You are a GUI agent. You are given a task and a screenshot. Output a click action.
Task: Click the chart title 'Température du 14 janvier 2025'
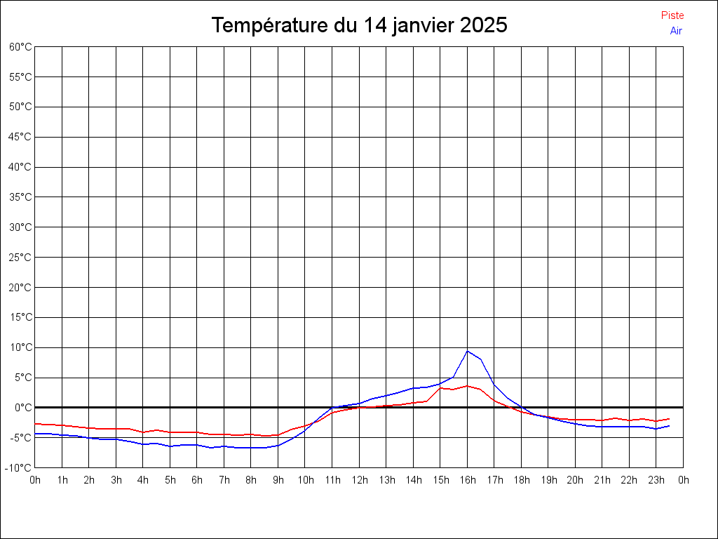pos(359,25)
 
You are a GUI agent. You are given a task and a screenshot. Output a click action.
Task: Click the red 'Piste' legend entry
pos(672,15)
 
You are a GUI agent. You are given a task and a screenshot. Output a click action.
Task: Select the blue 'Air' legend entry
pos(676,31)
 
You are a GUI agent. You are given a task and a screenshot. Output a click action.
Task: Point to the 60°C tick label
pos(20,47)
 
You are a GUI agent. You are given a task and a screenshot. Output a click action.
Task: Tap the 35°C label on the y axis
pos(20,197)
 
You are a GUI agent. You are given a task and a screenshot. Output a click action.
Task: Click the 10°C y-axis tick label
pos(20,347)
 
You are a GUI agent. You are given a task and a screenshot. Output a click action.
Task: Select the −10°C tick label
pos(19,468)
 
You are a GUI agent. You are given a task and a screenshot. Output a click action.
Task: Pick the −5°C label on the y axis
pos(20,438)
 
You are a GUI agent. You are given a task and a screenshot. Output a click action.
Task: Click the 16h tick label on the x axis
pos(468,480)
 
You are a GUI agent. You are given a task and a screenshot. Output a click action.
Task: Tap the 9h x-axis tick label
pos(278,480)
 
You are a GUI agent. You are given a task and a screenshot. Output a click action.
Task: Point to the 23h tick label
pos(656,480)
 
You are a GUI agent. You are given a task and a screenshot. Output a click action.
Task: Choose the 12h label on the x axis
pos(359,480)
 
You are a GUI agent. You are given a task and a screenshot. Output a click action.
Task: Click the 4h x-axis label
pos(143,480)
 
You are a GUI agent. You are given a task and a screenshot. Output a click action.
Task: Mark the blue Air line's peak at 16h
pos(468,351)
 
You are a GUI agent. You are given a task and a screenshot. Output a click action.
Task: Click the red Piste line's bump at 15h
pos(440,387)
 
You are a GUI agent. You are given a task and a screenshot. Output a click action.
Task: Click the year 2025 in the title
pos(484,25)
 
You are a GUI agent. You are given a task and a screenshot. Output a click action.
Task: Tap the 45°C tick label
pos(20,137)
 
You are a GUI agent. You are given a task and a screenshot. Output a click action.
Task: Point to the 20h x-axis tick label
pos(576,480)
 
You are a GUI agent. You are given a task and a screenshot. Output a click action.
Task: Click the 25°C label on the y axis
pos(20,258)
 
